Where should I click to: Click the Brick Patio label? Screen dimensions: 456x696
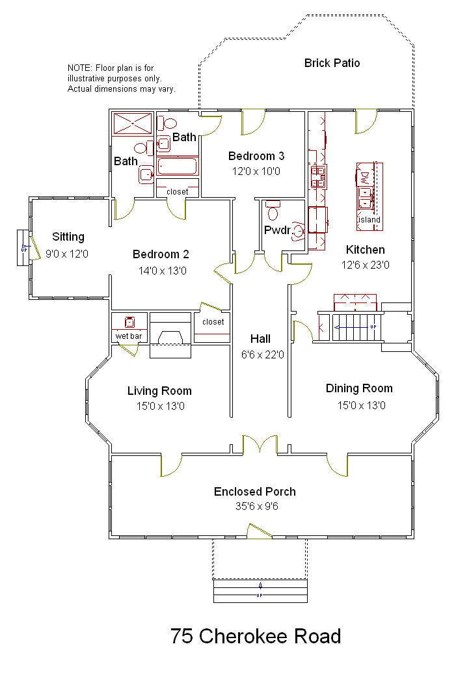(332, 63)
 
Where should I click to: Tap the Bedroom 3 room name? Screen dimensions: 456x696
(256, 156)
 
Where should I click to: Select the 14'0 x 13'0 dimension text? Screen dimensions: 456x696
(163, 271)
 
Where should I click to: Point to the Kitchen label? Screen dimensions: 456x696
(366, 250)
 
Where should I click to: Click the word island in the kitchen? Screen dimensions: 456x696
(369, 220)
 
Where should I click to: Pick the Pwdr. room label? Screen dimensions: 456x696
(278, 230)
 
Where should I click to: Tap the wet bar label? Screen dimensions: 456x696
(129, 336)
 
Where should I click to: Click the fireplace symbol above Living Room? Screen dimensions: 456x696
(170, 335)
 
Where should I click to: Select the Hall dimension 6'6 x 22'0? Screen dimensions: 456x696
(262, 355)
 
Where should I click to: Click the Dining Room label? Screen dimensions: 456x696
(359, 388)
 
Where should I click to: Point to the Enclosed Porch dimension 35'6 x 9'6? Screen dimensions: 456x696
(257, 506)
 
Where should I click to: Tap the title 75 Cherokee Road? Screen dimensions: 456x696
(256, 636)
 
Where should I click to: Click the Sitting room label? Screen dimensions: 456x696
(68, 237)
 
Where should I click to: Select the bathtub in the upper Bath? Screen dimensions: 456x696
(178, 166)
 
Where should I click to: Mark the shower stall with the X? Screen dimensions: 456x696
(133, 124)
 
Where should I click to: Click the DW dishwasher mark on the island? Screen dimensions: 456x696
(364, 178)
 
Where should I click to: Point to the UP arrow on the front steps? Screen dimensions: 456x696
(260, 591)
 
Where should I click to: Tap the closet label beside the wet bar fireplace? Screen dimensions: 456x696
(213, 322)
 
